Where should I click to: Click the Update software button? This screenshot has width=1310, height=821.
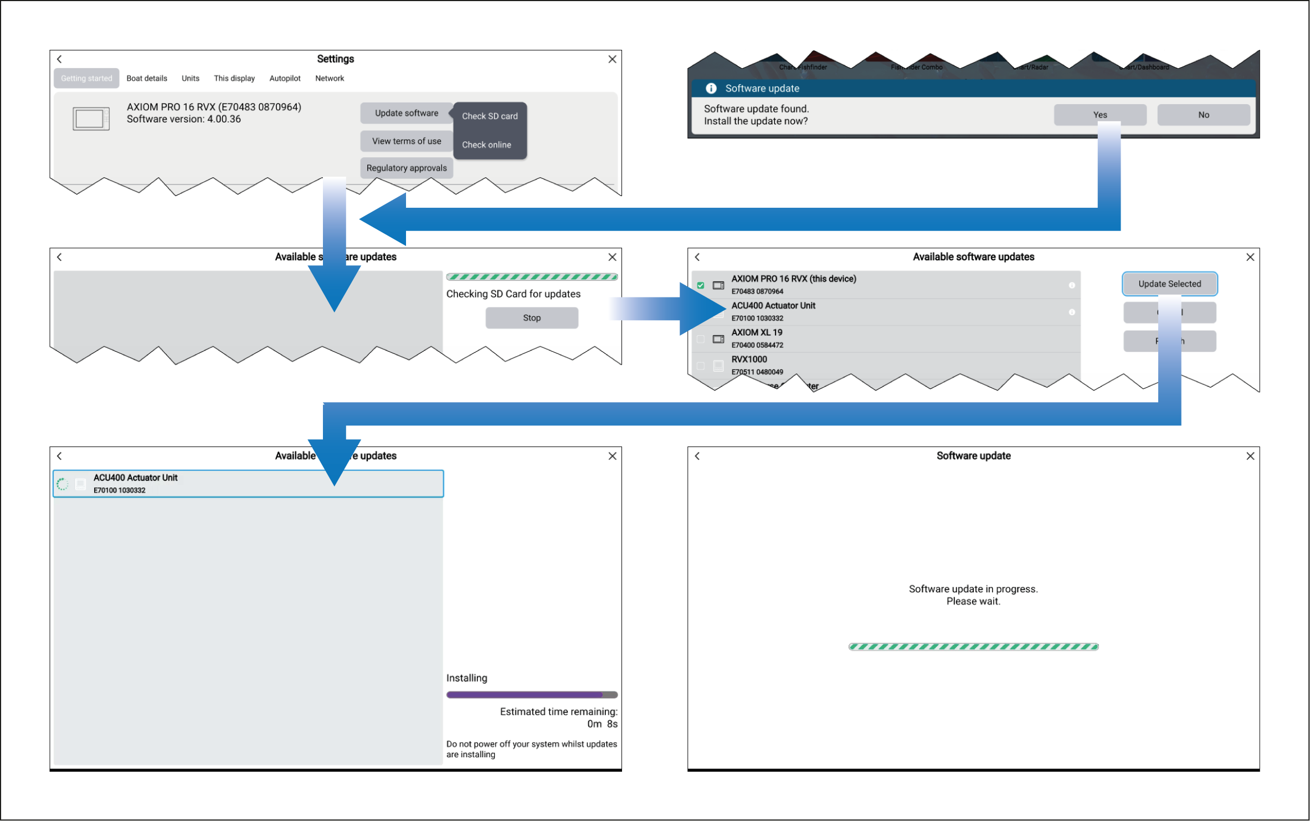[406, 113]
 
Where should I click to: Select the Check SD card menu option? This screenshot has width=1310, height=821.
[490, 116]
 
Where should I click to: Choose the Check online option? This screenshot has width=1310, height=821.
[486, 145]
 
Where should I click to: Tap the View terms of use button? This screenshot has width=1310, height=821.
[406, 141]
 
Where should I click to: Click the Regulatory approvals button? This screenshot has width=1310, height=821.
[406, 168]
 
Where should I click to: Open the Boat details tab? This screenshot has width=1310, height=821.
[147, 79]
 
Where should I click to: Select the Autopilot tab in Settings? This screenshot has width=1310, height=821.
[285, 79]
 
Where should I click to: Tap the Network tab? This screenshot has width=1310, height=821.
[330, 79]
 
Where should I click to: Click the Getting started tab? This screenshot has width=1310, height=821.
[86, 79]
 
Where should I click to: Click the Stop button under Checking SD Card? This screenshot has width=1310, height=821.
[531, 318]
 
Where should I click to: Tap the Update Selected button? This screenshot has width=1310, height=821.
[1169, 284]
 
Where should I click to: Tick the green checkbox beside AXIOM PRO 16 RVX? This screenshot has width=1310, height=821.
[701, 285]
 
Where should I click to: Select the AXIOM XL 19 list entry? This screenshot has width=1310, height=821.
[757, 332]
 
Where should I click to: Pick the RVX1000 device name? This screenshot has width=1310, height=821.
[749, 360]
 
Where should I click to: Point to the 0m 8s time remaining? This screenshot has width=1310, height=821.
[602, 724]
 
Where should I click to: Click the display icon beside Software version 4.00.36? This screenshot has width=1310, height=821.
[91, 119]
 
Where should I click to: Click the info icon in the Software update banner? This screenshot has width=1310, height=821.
[711, 89]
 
